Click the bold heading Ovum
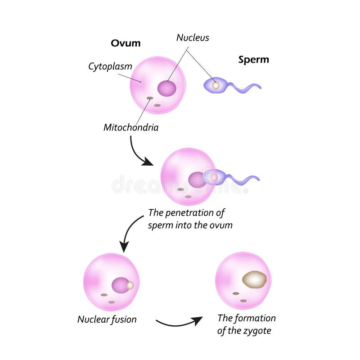tap(126, 43)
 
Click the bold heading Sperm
tap(253, 59)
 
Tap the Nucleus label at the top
tap(193, 38)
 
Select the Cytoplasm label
tap(110, 67)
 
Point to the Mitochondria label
tap(131, 127)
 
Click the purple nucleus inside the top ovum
tap(167, 88)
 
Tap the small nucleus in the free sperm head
tap(216, 85)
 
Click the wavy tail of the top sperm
tap(245, 86)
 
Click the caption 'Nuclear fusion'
tap(107, 319)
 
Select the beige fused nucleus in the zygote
tap(254, 279)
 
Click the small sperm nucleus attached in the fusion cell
tap(130, 285)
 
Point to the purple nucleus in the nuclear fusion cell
tap(120, 285)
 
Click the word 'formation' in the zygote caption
tap(254, 319)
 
